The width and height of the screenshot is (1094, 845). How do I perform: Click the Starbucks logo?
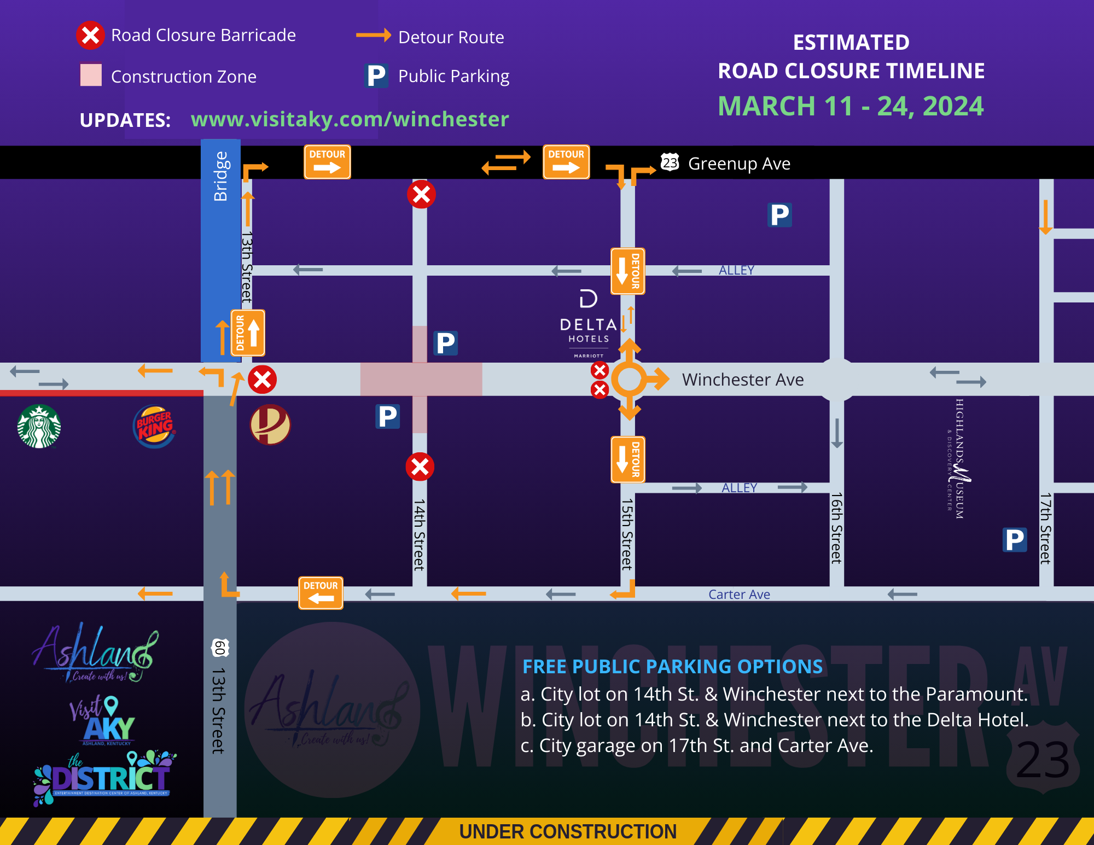39,426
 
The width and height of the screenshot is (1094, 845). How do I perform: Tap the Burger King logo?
154,426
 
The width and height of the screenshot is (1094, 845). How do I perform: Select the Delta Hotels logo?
589,323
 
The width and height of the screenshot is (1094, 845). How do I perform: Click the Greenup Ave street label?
738,164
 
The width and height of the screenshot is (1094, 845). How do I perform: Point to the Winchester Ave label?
742,380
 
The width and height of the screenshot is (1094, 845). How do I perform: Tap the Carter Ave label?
738,595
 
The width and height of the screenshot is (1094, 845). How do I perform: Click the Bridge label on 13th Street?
220,176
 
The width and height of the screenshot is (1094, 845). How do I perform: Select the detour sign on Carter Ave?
321,592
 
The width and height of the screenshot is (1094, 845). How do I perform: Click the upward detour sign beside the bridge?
248,333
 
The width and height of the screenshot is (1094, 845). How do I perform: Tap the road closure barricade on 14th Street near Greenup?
421,194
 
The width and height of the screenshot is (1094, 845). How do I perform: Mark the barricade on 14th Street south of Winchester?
420,467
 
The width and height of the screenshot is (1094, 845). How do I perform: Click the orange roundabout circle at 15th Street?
629,379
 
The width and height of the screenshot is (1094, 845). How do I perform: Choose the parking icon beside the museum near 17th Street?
1014,540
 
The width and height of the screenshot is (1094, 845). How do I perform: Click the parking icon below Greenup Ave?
779,215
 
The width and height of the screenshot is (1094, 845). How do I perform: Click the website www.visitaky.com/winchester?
350,119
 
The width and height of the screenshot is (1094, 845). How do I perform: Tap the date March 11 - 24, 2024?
851,106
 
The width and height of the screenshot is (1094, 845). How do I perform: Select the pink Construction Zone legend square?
91,75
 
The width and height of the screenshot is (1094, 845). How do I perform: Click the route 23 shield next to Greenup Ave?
670,162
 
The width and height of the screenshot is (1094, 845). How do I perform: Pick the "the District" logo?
104,777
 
